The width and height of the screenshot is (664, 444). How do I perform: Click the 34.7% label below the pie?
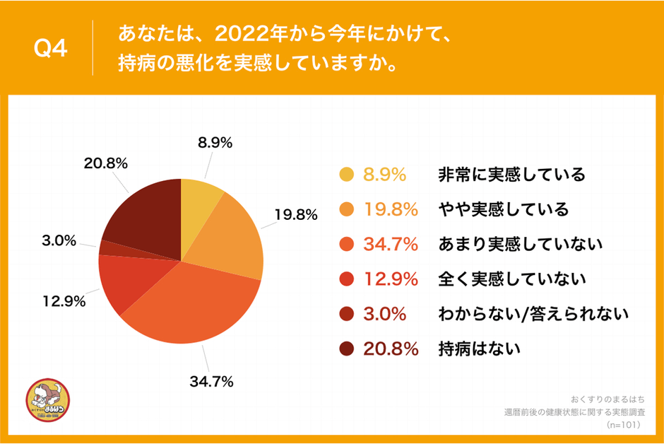[x=211, y=382]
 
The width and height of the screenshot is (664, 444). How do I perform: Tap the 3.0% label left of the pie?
[x=59, y=240]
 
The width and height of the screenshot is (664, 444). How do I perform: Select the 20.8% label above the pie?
[x=105, y=163]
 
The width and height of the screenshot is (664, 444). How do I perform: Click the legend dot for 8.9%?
[x=346, y=175]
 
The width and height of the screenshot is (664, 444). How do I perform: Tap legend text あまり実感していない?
[x=520, y=245]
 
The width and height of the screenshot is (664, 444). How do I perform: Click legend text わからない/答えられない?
[x=533, y=314]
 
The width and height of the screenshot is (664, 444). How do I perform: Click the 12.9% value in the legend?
[x=391, y=279]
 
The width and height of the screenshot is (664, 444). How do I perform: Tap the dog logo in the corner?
[x=47, y=403]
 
